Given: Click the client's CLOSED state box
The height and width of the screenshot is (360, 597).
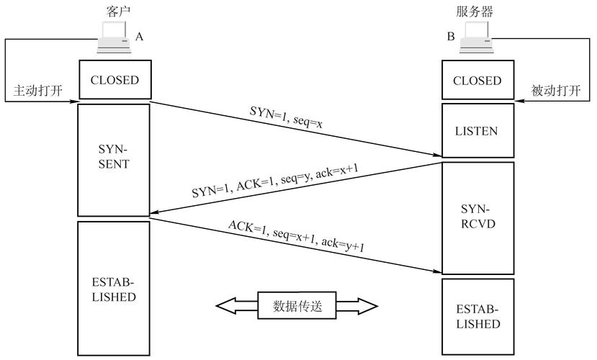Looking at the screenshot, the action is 115,79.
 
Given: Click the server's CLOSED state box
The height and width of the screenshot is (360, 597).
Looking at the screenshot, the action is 478,80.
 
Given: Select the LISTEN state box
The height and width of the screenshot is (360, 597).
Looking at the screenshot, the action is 478,130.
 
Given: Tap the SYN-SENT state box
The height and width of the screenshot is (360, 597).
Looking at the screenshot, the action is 114,161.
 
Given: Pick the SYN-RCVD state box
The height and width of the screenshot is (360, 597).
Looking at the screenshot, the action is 478,217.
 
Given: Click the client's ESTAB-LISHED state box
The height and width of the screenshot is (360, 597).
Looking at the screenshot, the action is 114,289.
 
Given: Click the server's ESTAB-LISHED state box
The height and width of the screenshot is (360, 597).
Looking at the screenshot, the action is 478,317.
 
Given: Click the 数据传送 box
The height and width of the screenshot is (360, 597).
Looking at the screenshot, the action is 297,305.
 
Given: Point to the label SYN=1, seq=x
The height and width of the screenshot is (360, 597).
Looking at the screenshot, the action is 287,117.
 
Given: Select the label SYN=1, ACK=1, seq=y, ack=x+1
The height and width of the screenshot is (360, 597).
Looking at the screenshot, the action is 275,181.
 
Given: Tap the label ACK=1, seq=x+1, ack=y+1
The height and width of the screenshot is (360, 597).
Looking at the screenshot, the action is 296,236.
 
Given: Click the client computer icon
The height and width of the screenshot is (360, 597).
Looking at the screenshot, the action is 114,37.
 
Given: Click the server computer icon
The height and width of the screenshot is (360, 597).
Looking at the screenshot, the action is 476,37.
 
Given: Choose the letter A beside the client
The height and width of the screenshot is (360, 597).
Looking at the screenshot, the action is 140,37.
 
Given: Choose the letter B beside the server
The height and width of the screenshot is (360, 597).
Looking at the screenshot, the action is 451,36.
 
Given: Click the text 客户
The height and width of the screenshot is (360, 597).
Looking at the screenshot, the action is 117,12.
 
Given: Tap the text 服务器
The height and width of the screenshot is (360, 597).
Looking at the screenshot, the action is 475,12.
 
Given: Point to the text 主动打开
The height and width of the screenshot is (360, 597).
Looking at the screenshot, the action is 37,91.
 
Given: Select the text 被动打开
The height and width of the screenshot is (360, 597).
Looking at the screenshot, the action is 556,91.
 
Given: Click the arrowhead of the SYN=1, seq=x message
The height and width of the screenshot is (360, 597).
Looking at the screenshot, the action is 437,155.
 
